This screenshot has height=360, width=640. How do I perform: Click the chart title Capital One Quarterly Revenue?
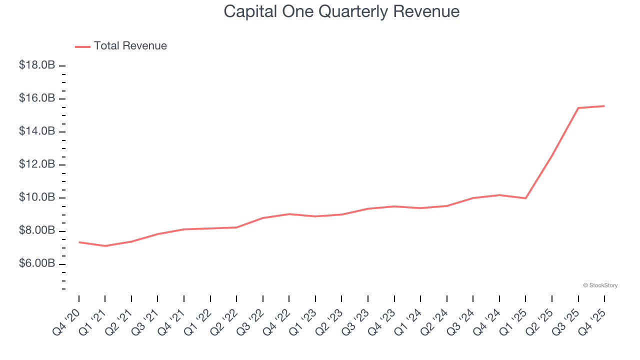click(341, 11)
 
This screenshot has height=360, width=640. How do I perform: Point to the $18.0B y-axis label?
click(37, 65)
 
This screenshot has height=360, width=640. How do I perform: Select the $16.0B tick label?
click(37, 98)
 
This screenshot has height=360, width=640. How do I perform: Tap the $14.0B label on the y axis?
click(37, 131)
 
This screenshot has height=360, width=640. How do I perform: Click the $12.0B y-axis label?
click(37, 164)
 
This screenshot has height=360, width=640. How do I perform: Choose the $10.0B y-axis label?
click(37, 197)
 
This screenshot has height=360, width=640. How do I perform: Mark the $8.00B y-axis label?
click(37, 230)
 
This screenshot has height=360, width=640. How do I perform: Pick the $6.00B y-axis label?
click(37, 263)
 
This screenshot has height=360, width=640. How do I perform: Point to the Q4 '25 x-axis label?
click(593, 322)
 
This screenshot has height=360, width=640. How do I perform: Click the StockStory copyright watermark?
click(600, 285)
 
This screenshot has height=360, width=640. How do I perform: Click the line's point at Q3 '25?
click(578, 108)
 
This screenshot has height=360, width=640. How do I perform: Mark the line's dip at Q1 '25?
click(525, 198)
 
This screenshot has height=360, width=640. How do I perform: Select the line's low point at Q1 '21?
click(105, 246)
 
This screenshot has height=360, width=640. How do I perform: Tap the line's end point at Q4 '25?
click(604, 106)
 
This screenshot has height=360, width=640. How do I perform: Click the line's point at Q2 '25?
click(552, 155)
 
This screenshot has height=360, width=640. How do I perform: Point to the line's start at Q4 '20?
click(79, 242)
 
